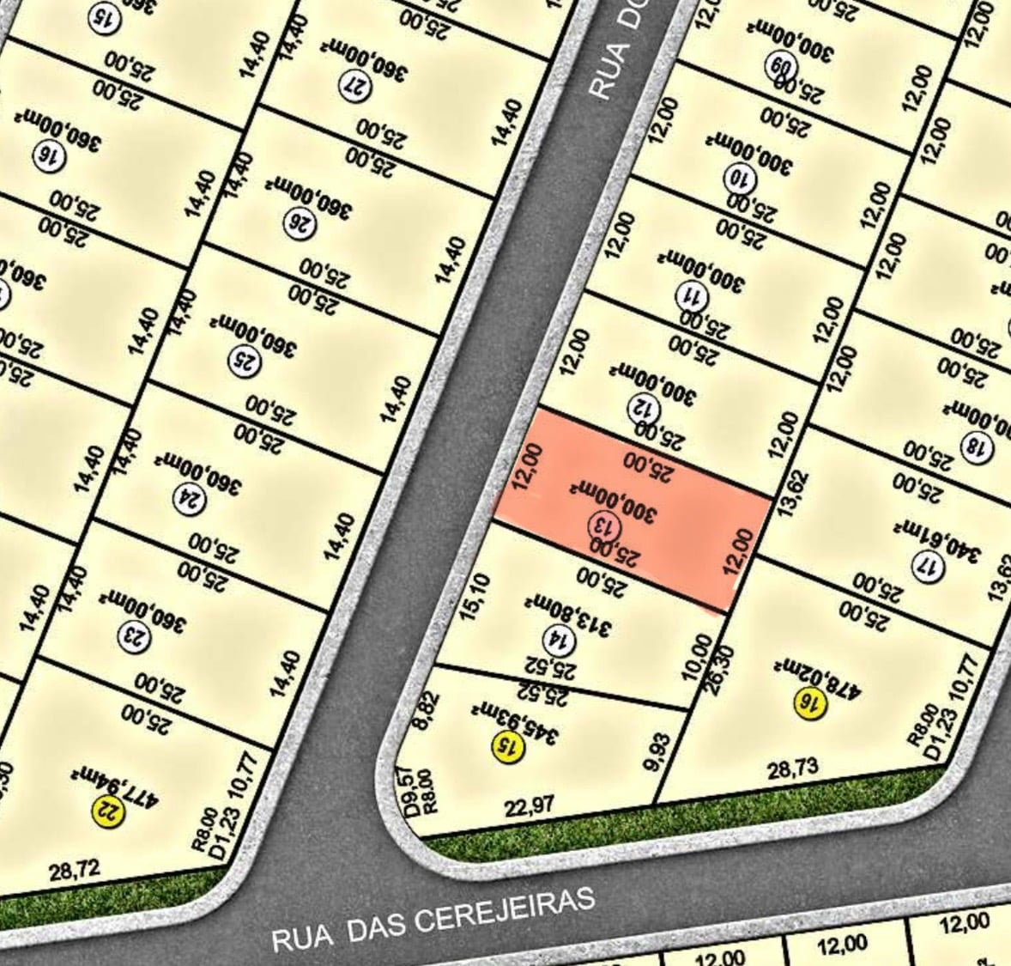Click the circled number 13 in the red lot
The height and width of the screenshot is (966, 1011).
click(x=602, y=523)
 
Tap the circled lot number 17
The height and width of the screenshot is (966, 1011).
click(x=928, y=567)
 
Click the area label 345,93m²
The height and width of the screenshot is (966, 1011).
click(x=513, y=721)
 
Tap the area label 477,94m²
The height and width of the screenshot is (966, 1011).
click(x=116, y=783)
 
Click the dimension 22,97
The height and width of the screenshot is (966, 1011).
click(x=530, y=807)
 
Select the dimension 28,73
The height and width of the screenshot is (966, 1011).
click(x=792, y=768)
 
